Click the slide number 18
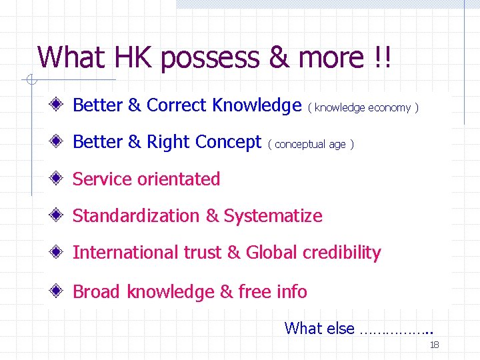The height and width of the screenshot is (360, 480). tap(434, 345)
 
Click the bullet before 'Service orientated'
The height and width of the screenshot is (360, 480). tap(59, 179)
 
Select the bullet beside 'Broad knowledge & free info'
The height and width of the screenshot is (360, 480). tap(59, 291)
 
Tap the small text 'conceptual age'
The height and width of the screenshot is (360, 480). tap(310, 144)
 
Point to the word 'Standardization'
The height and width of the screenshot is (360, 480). tap(137, 216)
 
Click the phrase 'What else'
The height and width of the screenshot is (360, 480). tap(319, 328)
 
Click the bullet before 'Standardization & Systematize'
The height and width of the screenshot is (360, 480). tap(59, 215)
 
